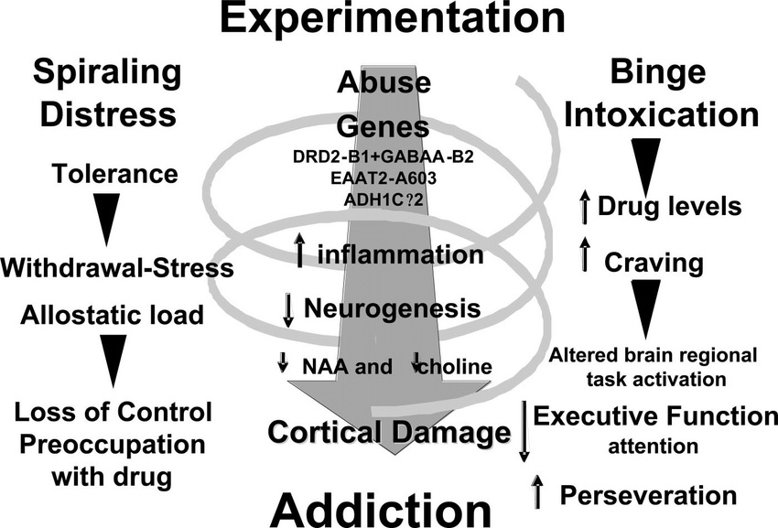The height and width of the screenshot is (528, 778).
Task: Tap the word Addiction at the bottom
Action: (381, 511)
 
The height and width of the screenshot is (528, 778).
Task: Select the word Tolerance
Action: (114, 174)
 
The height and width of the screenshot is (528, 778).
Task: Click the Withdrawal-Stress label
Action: (117, 268)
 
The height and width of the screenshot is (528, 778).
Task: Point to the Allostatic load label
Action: (113, 315)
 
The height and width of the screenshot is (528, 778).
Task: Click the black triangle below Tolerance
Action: (107, 220)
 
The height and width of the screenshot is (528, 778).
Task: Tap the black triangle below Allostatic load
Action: (113, 361)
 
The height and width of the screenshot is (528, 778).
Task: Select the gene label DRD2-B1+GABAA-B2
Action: (383, 156)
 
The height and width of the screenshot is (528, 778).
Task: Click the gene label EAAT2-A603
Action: (384, 178)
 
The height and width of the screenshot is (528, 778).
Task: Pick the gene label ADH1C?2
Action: (384, 199)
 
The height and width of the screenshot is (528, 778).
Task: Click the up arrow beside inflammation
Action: (299, 250)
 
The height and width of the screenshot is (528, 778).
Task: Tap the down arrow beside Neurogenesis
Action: (287, 310)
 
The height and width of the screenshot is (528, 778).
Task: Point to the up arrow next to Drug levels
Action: (585, 207)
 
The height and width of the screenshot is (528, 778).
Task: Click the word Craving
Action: (654, 263)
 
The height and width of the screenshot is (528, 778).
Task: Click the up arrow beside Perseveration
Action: (537, 491)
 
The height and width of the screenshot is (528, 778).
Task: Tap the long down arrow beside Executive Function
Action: (524, 431)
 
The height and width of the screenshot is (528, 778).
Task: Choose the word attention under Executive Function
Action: (653, 447)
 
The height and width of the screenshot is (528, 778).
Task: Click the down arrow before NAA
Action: (282, 362)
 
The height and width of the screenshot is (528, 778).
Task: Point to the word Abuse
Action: (384, 82)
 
